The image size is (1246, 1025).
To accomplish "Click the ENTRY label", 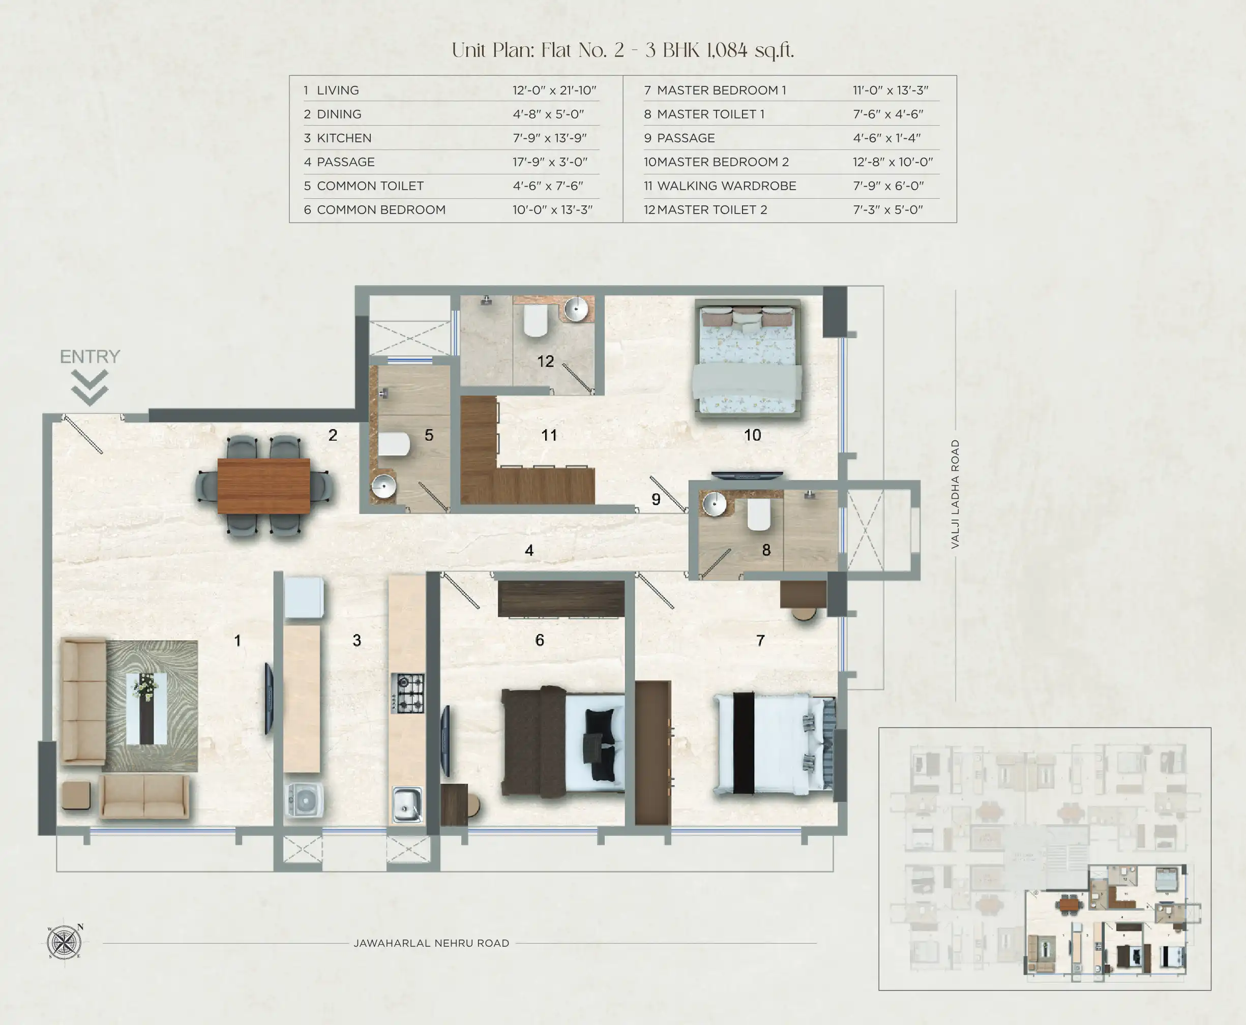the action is coord(90,356).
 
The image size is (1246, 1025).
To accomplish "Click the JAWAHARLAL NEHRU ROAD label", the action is coord(431,944).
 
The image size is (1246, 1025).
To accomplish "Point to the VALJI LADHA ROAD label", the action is coord(955,494).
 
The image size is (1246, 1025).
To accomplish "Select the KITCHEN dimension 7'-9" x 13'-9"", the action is coord(549,138).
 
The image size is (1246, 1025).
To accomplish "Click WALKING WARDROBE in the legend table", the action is coord(726,186).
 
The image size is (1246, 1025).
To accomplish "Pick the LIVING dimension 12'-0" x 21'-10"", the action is coord(554,91).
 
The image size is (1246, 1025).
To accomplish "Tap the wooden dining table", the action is coord(264,486).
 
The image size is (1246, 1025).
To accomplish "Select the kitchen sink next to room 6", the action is coord(407,804).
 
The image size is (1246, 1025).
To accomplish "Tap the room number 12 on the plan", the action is coord(545,361).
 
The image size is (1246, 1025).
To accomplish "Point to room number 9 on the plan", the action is coord(656,499).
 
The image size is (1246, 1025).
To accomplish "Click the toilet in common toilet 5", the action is coord(394,444).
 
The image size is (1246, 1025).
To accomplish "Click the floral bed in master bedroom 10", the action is coord(747,359).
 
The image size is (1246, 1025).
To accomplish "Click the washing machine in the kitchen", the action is coord(305,800).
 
